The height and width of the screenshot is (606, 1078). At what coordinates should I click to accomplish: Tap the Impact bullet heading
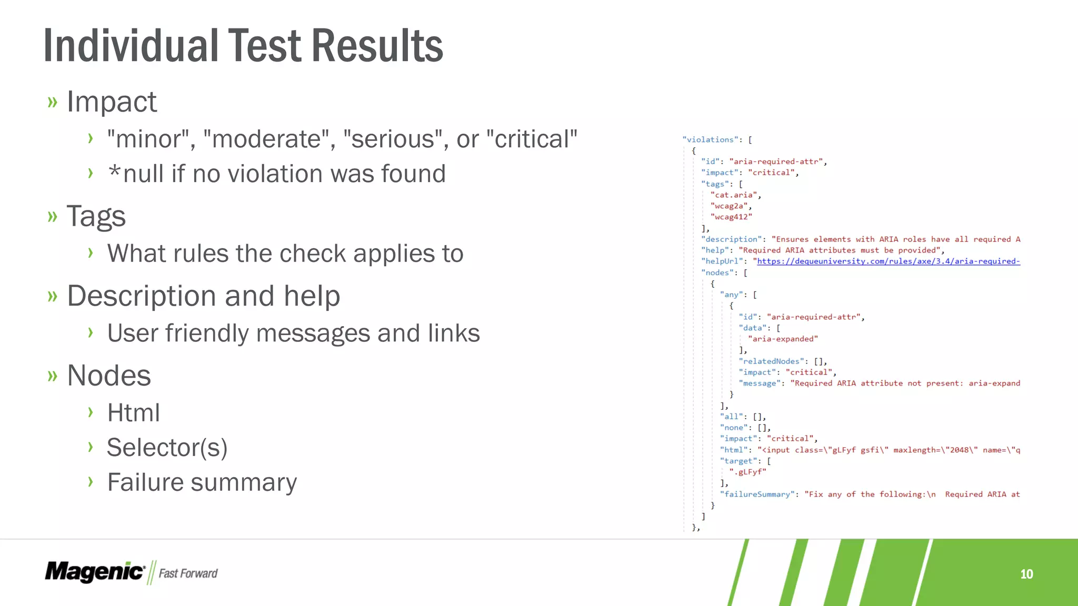coord(112,102)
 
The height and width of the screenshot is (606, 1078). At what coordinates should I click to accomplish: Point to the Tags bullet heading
coord(96,216)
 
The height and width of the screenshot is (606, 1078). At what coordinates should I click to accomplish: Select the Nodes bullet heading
coord(109,376)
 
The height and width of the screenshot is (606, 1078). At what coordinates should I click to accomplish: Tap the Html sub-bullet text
coord(133,412)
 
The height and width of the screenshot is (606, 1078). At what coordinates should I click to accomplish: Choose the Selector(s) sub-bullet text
coord(167,448)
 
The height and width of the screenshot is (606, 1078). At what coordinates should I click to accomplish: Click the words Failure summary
coord(202,482)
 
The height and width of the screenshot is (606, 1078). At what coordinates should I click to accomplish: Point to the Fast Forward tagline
coord(188,573)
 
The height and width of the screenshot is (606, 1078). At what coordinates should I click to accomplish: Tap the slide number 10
coord(1026,574)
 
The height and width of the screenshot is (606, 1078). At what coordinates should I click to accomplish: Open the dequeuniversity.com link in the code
coord(888,261)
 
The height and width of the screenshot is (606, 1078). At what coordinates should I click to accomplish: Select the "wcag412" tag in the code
coord(731,217)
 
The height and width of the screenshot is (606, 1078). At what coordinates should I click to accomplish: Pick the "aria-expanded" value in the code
coord(783,339)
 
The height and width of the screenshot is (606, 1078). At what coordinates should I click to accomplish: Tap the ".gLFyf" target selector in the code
coord(748,472)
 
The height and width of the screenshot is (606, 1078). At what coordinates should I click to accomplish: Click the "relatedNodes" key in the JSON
coord(772,361)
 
